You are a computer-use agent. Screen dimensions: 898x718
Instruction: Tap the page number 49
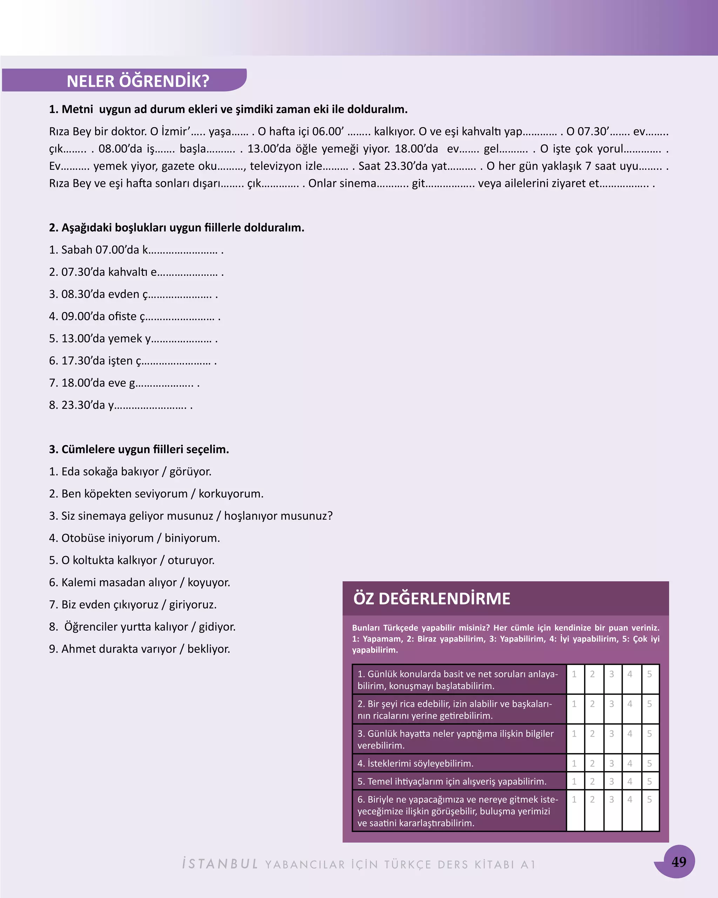tap(678, 862)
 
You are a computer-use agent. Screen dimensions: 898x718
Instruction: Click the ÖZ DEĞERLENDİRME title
tap(432, 598)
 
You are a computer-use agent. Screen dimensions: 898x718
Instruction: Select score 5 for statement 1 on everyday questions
tap(649, 674)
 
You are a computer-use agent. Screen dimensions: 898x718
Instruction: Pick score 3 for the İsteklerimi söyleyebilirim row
tap(611, 763)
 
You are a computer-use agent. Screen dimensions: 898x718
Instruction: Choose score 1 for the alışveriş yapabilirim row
tap(574, 782)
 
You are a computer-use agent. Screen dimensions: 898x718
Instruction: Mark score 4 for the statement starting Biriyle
tap(630, 799)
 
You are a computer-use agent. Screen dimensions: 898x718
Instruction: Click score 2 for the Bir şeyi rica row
tap(592, 704)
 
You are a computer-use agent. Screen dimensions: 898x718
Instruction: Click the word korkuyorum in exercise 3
tap(231, 494)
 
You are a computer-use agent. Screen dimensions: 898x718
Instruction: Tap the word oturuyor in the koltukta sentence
tap(191, 560)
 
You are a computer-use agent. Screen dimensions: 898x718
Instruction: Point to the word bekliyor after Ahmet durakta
tap(208, 649)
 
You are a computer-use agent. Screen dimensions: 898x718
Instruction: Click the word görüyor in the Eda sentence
tap(190, 471)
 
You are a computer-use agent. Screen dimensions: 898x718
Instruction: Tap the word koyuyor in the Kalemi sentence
tap(209, 582)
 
